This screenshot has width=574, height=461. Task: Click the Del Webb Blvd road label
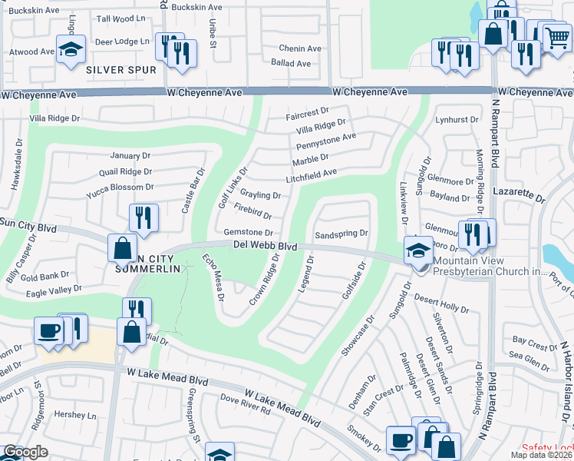pos(264,246)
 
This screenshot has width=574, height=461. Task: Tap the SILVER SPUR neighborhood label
pos(121,70)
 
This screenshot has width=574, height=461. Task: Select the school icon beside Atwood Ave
pos(71,51)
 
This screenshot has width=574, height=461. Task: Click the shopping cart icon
pos(556,36)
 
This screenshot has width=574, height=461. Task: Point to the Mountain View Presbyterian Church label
pos(500,266)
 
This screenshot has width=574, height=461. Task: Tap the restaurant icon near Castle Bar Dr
pos(143,217)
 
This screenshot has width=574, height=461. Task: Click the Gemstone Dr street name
pos(248,232)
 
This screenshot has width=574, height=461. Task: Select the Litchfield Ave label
pos(312,174)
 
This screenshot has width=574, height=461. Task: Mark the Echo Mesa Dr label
pos(212,276)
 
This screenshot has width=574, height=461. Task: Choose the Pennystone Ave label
pos(326,140)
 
